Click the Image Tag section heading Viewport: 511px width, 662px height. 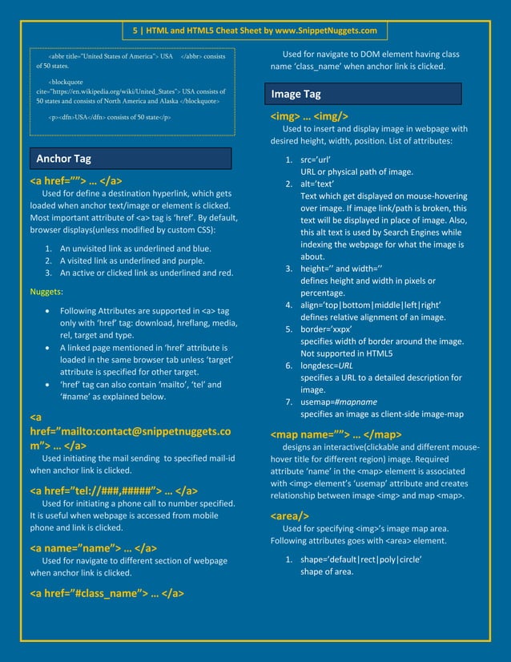(296, 95)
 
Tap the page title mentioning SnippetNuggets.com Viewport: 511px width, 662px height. (255, 30)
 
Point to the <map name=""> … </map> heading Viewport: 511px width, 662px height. (336, 435)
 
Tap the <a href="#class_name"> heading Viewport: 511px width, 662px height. (107, 594)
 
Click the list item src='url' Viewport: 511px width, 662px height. (316, 160)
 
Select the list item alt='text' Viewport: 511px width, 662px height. (317, 184)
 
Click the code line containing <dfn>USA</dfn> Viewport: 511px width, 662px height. (108, 118)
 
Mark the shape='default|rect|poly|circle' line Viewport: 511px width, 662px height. (360, 559)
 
